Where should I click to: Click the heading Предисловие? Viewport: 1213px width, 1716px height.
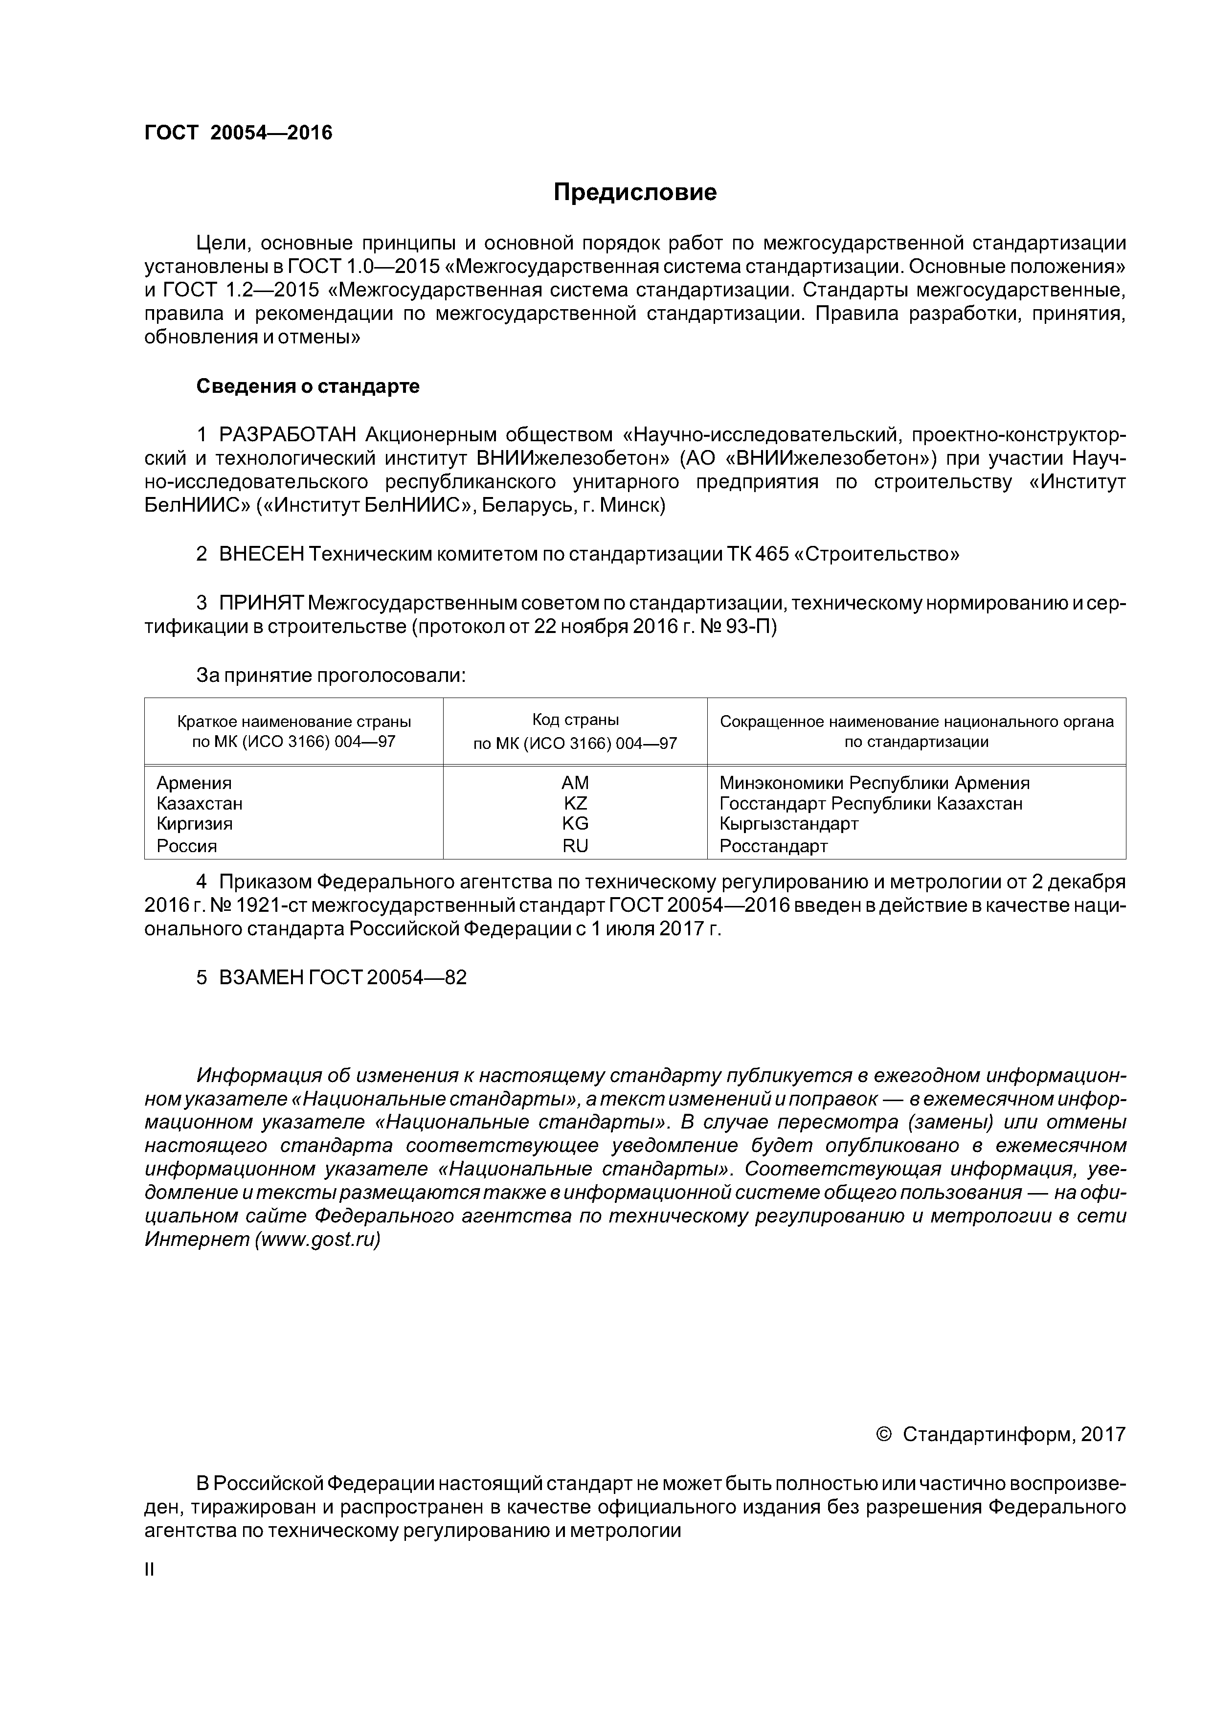(x=634, y=193)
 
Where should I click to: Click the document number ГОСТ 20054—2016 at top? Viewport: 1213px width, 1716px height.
(x=238, y=133)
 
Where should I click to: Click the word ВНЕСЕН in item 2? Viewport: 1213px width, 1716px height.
(x=262, y=555)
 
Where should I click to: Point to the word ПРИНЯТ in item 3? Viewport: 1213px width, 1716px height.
(x=261, y=603)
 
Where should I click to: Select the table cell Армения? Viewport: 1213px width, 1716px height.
(x=194, y=783)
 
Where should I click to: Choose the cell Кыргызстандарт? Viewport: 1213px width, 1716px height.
(x=788, y=824)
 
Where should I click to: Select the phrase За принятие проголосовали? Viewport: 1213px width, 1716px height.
(x=330, y=676)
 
